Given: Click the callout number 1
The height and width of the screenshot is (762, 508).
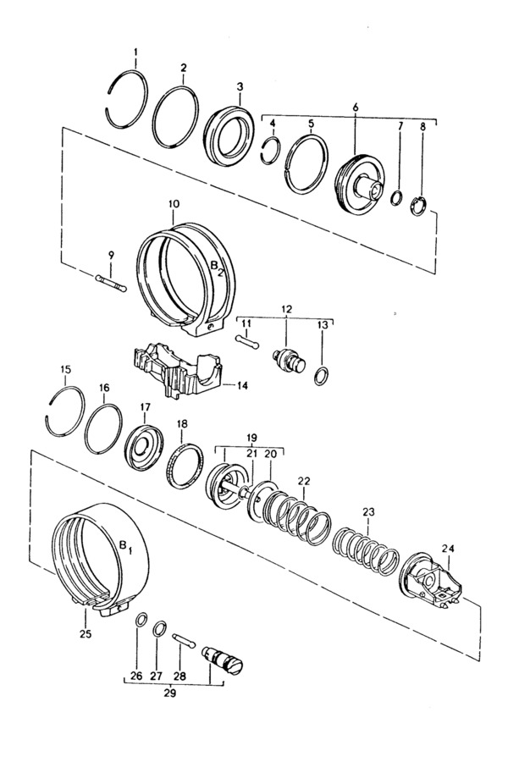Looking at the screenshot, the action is (x=136, y=51).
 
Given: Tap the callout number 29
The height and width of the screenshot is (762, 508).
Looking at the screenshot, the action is (x=169, y=693).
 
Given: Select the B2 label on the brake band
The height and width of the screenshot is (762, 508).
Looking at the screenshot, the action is (x=217, y=268).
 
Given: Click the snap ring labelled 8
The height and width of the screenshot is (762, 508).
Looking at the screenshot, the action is (x=418, y=206).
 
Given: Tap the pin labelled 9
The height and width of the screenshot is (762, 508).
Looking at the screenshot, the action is (x=111, y=283).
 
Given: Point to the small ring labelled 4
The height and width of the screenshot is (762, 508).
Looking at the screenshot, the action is (x=271, y=152).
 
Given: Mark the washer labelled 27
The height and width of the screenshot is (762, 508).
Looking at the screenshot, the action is (x=160, y=629).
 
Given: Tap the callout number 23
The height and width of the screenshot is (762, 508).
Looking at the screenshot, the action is (x=368, y=511).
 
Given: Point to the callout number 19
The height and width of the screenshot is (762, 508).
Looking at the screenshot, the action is (x=252, y=436).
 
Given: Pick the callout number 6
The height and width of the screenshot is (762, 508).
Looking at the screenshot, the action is (x=356, y=108).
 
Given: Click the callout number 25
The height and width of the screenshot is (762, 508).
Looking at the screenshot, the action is (x=85, y=633).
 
